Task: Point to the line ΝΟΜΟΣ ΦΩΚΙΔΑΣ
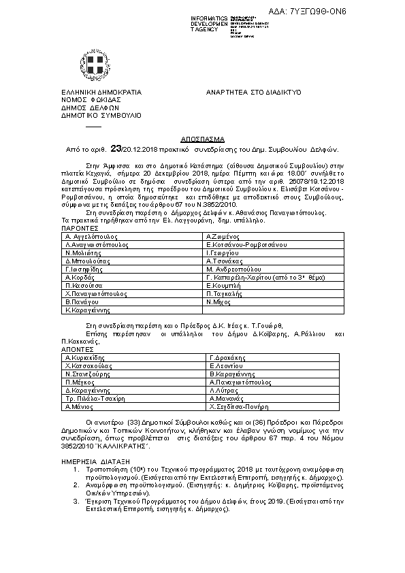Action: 88,99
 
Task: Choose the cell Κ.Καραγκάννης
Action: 86,310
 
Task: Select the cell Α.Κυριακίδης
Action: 85,357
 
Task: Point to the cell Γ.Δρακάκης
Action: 227,357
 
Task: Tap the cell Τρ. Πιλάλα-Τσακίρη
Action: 95,398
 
